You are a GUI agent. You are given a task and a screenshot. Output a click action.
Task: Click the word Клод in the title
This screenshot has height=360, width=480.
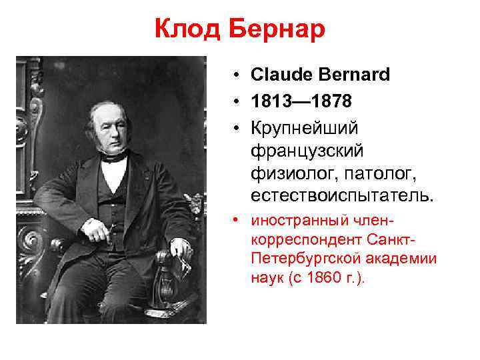click(x=189, y=29)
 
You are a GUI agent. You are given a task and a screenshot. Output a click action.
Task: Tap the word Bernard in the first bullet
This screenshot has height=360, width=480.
click(x=356, y=75)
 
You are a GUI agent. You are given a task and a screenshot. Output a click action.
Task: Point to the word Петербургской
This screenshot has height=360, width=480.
click(x=299, y=257)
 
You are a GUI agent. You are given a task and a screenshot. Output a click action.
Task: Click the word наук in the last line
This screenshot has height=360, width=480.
click(x=268, y=275)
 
